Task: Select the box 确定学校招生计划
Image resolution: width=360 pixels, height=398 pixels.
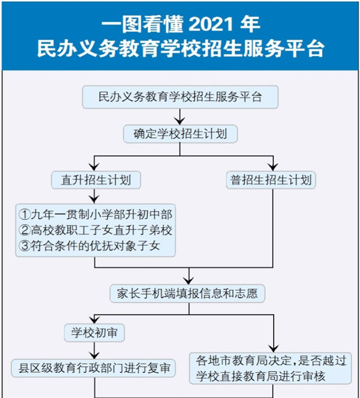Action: point(180,133)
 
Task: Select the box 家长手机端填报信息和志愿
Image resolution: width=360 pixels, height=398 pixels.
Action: point(188,294)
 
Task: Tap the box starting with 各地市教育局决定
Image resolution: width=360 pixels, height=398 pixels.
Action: point(271,367)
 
